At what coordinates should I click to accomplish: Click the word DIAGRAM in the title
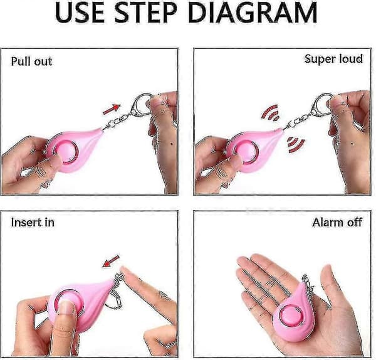tap(253, 13)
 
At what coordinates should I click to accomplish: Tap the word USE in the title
tap(80, 13)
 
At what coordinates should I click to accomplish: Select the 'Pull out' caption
tap(32, 61)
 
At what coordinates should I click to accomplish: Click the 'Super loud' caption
tap(333, 59)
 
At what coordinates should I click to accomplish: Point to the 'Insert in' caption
tap(33, 222)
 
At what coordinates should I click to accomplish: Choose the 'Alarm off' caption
tap(337, 222)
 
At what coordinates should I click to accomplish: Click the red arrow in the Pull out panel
tap(112, 109)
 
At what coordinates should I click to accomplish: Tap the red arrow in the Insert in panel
tap(111, 262)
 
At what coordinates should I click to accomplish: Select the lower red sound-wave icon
tap(295, 145)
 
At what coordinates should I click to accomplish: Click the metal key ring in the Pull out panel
tap(141, 103)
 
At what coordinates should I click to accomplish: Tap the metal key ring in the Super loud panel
tap(321, 103)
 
